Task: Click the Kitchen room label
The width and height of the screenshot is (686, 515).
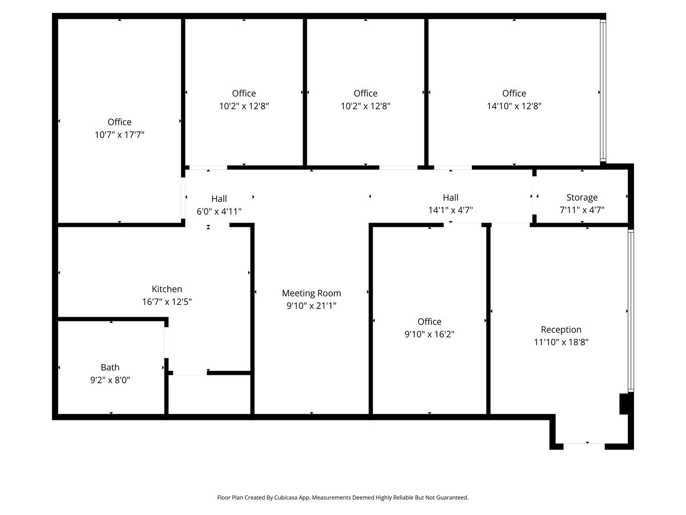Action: pyautogui.click(x=167, y=288)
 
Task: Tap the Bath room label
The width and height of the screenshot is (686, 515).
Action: pyautogui.click(x=110, y=367)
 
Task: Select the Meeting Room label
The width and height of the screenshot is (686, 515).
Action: pyautogui.click(x=311, y=293)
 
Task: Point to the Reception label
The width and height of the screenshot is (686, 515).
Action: pyautogui.click(x=561, y=330)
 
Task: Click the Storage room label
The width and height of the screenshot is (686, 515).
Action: pyautogui.click(x=582, y=197)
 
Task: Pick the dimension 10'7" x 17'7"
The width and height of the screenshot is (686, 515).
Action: pyautogui.click(x=119, y=135)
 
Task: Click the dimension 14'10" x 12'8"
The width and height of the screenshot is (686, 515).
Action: pyautogui.click(x=514, y=106)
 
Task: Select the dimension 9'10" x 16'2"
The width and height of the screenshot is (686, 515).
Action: pyautogui.click(x=429, y=334)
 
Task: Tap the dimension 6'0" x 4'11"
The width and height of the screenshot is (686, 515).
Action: pyautogui.click(x=219, y=211)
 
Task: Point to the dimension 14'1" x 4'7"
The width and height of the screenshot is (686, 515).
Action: pyautogui.click(x=450, y=210)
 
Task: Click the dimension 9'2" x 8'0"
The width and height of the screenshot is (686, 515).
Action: pyautogui.click(x=110, y=380)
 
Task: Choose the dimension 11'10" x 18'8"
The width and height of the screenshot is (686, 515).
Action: pyautogui.click(x=561, y=342)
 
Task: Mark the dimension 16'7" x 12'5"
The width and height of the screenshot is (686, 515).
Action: pyautogui.click(x=167, y=302)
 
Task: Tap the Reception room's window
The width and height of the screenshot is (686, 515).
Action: pyautogui.click(x=631, y=311)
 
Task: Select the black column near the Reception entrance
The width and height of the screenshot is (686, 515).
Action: pyautogui.click(x=624, y=404)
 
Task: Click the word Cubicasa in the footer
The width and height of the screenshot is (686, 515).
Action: pyautogui.click(x=286, y=497)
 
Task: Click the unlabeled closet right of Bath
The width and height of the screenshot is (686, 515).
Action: pyautogui.click(x=209, y=394)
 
